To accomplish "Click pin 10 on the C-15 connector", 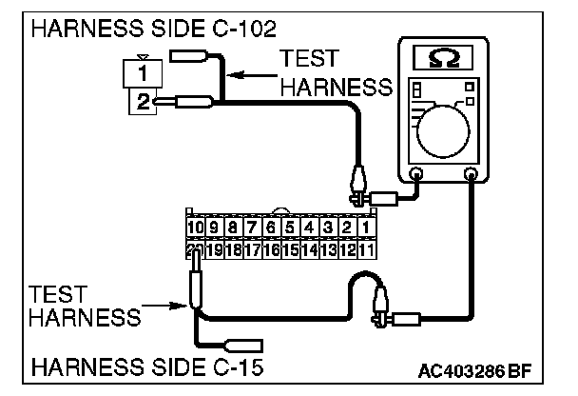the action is [194, 228].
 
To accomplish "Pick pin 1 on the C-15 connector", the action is [367, 228].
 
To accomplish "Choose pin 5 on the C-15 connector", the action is [290, 228].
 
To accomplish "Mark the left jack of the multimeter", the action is [416, 174].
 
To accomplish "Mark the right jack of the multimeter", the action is [469, 174].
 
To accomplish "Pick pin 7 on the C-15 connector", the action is [252, 228].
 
